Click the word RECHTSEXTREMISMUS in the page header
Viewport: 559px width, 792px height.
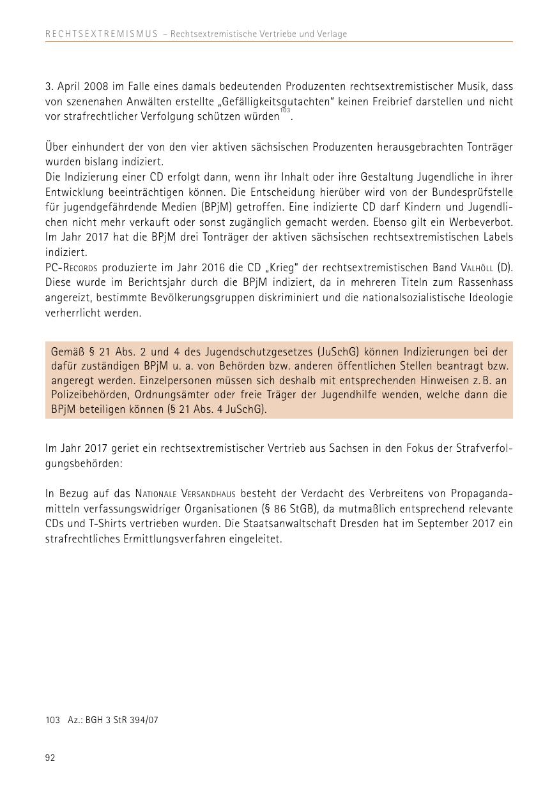tap(102, 34)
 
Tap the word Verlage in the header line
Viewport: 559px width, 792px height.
tap(332, 34)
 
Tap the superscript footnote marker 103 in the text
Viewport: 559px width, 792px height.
tap(285, 110)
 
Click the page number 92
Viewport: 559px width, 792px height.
tap(50, 758)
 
